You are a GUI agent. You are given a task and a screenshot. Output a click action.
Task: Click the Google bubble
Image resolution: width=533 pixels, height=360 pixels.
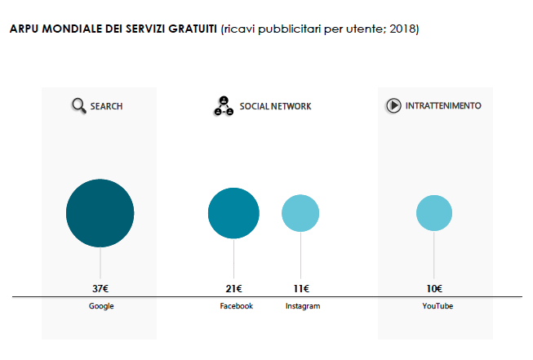tap(100, 213)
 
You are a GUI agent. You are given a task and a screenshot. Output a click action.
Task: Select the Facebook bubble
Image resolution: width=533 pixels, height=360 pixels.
tap(233, 213)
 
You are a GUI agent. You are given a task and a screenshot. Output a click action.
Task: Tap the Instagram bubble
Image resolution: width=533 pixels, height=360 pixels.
tap(300, 213)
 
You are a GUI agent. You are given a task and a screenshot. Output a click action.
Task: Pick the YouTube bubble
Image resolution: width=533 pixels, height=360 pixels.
tap(433, 213)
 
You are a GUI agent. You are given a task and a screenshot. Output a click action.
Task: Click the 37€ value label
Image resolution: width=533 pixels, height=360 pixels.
tap(100, 288)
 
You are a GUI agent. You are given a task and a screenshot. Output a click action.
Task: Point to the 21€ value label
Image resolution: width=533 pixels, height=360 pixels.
tap(233, 288)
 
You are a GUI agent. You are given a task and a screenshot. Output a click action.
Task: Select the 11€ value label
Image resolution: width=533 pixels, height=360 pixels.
tap(300, 288)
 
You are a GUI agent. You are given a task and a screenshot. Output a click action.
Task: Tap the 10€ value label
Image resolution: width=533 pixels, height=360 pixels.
tap(433, 288)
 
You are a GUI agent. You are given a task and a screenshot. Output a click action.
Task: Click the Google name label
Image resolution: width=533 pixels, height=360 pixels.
tap(101, 306)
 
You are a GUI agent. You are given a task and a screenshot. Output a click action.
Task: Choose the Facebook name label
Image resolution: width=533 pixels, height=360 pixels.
tap(237, 306)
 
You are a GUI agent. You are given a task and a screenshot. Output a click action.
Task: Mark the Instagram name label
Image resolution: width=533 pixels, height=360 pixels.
tap(303, 306)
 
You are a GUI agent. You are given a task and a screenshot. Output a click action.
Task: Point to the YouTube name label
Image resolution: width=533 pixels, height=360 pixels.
tap(438, 306)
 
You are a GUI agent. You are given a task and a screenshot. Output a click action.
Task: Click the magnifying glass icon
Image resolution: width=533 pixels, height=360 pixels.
tap(79, 105)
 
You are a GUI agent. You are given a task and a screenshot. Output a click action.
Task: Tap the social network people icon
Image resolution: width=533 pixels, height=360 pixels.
tap(224, 106)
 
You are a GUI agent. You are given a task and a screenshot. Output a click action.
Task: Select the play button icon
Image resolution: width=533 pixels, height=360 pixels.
tap(393, 105)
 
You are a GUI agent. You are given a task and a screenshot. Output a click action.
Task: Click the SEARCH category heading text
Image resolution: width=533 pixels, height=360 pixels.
tap(107, 106)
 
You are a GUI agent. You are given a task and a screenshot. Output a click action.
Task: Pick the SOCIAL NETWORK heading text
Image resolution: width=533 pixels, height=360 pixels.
tap(275, 106)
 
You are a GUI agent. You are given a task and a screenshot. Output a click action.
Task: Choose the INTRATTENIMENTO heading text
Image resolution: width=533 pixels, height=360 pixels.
tap(443, 105)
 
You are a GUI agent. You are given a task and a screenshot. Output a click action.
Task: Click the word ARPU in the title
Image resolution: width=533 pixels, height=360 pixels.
tap(24, 29)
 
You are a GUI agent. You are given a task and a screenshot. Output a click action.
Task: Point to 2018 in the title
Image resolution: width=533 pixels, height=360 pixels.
tap(400, 29)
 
